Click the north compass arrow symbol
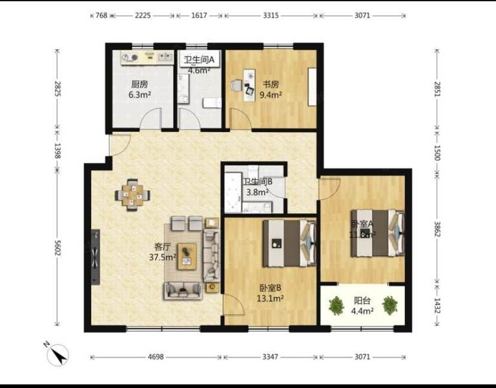[59, 354]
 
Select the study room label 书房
[271, 84]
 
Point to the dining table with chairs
[134, 195]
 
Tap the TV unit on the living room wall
[96, 257]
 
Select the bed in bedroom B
[289, 243]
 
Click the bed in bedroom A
[377, 232]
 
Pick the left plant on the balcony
[336, 305]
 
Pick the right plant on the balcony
[389, 305]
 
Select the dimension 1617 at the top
[199, 15]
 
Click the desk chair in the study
[235, 86]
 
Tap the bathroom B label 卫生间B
[258, 182]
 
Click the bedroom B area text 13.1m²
[269, 299]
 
